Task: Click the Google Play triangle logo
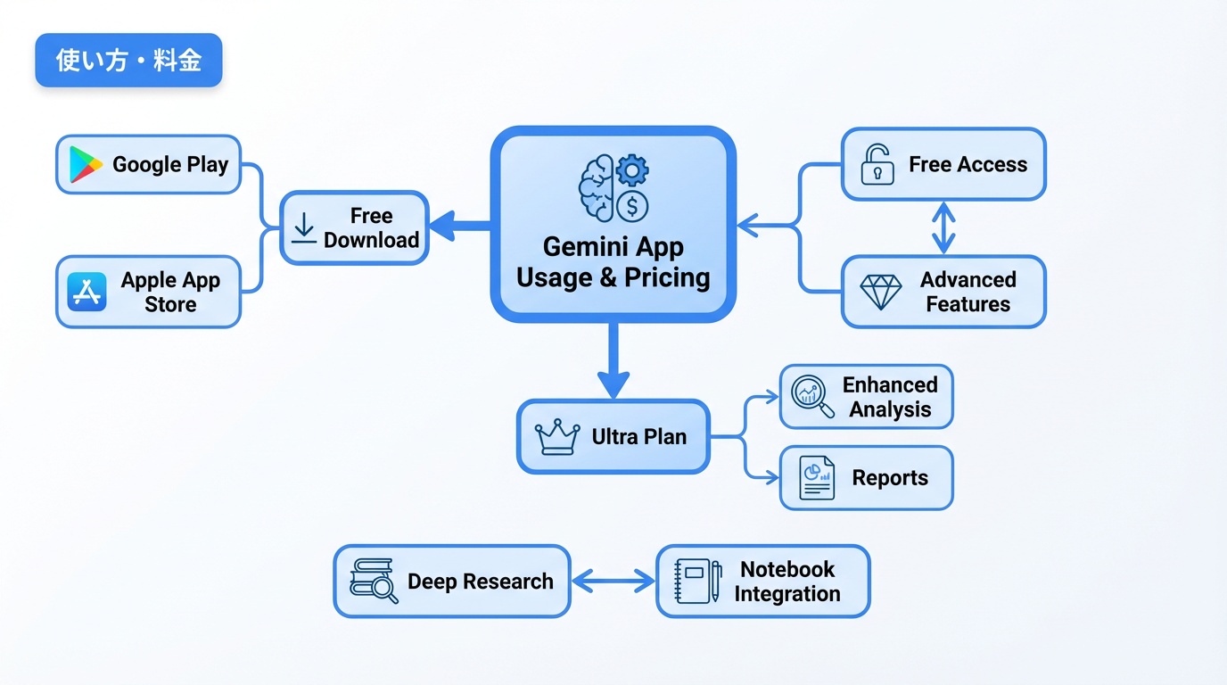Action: pyautogui.click(x=86, y=165)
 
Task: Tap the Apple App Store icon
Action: pyautogui.click(x=86, y=292)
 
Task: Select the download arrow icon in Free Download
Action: pyautogui.click(x=304, y=228)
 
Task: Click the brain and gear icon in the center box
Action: pyautogui.click(x=613, y=187)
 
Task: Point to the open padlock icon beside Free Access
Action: pyautogui.click(x=877, y=165)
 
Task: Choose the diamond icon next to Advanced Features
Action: pyautogui.click(x=880, y=292)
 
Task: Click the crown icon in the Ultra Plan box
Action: pyautogui.click(x=557, y=437)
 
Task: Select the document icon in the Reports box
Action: pyautogui.click(x=817, y=478)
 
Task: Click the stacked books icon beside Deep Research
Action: pyautogui.click(x=374, y=582)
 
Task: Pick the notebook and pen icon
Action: pyautogui.click(x=698, y=582)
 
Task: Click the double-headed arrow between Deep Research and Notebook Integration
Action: pyautogui.click(x=613, y=582)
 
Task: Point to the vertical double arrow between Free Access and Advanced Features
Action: pyautogui.click(x=943, y=228)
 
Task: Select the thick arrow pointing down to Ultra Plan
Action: pyautogui.click(x=613, y=361)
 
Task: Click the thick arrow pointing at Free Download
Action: pyautogui.click(x=459, y=227)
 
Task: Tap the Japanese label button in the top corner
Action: pyautogui.click(x=128, y=61)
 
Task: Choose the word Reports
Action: pyautogui.click(x=890, y=478)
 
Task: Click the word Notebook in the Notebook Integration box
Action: pyautogui.click(x=787, y=569)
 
